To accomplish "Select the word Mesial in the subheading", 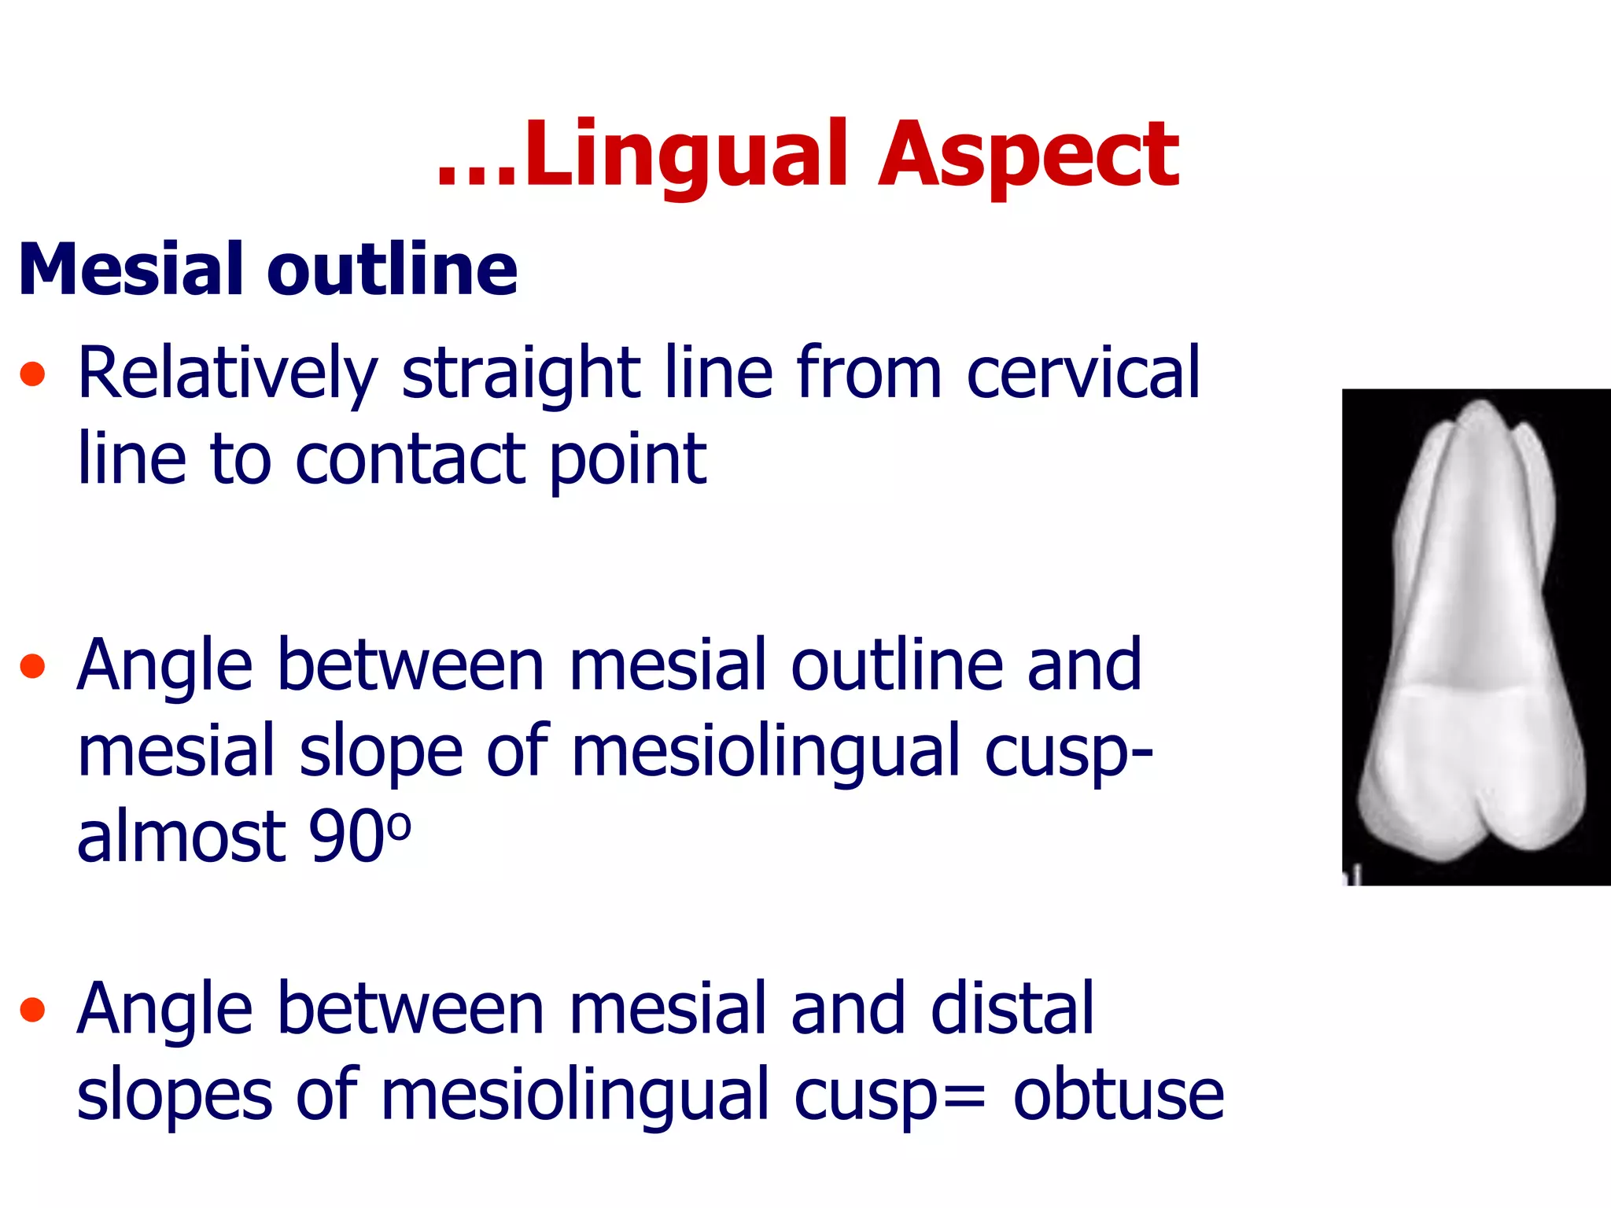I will [x=132, y=270].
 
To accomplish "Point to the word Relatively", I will [x=228, y=374].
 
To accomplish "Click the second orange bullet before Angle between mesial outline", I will [x=33, y=666].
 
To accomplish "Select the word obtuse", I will [x=1118, y=1095].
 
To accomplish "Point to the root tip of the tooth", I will [x=1480, y=409].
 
